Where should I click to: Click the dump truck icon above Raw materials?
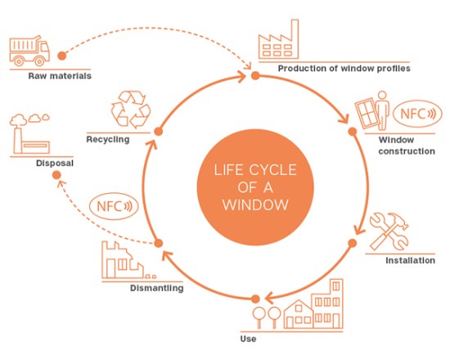click(x=29, y=51)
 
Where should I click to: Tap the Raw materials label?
click(x=60, y=76)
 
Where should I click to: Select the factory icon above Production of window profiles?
click(x=278, y=39)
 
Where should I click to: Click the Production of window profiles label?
click(x=344, y=69)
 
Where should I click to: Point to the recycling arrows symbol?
click(x=131, y=109)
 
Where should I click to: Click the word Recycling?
click(x=108, y=140)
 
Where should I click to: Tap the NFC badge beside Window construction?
click(x=417, y=114)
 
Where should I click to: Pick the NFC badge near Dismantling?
click(x=114, y=206)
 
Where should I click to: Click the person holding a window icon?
click(x=372, y=110)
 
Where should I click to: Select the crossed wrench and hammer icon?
click(x=389, y=231)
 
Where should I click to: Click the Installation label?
click(x=410, y=260)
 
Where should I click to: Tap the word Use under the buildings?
click(x=248, y=339)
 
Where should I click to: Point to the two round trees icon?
click(x=267, y=317)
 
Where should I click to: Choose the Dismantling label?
click(x=157, y=288)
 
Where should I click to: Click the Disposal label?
click(x=55, y=163)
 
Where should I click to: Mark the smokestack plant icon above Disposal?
click(x=29, y=133)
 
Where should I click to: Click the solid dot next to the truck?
click(x=61, y=56)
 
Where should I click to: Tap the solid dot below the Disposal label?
click(x=56, y=175)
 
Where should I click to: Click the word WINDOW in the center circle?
click(x=255, y=205)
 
